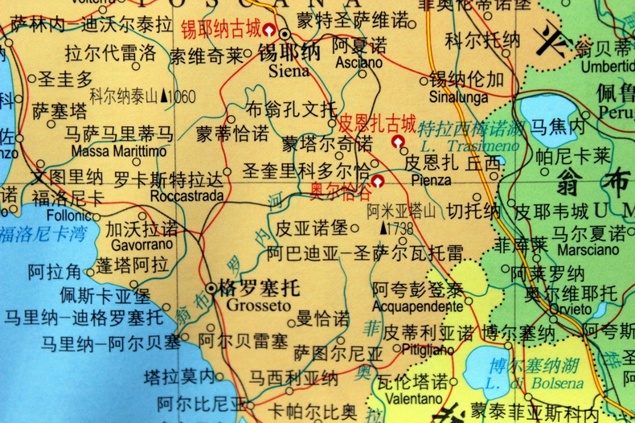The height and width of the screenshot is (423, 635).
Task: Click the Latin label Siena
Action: click(x=284, y=71)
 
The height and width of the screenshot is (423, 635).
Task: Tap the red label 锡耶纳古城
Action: click(x=220, y=31)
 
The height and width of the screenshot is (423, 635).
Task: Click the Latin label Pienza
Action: click(x=431, y=180)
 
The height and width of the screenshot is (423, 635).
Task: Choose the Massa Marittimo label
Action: click(x=119, y=150)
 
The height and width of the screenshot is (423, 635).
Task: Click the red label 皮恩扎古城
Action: click(x=376, y=125)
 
